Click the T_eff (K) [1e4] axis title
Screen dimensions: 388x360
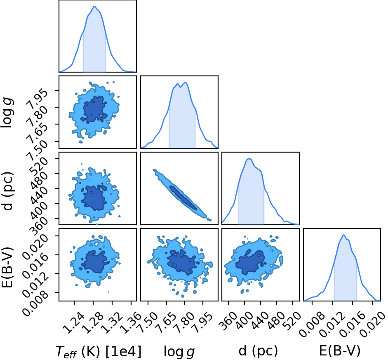pos(99,351)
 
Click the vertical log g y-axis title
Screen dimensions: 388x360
pos(7,113)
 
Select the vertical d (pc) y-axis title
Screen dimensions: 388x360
pos(7,191)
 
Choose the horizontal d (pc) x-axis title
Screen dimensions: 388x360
pos(259,351)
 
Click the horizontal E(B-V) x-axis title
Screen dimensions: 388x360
pos(340,351)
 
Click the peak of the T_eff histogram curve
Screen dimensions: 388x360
pos(94,7)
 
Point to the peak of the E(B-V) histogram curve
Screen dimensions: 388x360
pos(344,235)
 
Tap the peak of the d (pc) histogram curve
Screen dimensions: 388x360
pos(249,159)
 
